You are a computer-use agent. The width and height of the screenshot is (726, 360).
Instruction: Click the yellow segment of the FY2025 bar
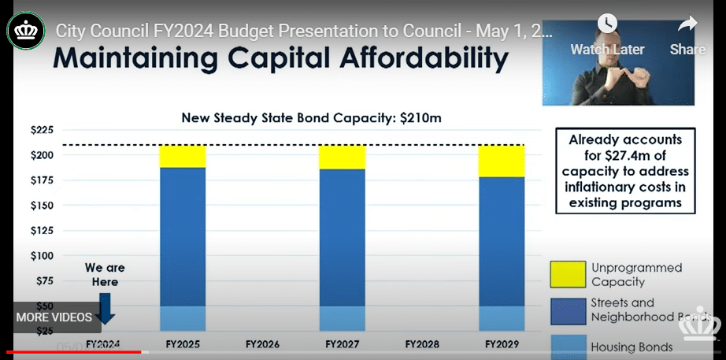click(182, 156)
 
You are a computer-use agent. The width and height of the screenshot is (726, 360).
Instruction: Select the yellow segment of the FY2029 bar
click(502, 161)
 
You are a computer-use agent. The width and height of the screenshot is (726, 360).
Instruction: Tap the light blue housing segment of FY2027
click(342, 317)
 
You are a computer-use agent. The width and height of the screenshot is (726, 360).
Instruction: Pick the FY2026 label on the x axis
click(262, 344)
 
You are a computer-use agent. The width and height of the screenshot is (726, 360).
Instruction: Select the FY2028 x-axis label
click(422, 344)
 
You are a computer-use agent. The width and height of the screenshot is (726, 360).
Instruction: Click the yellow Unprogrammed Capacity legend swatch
click(567, 274)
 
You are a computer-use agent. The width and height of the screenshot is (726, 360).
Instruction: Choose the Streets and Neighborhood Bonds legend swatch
click(567, 310)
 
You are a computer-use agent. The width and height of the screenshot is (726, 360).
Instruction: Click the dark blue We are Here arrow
click(106, 308)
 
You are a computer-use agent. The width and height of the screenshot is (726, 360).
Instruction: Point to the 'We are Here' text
click(105, 275)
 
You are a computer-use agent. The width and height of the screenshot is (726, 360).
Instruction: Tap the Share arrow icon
click(687, 24)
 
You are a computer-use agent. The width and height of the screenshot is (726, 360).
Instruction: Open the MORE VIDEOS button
click(54, 317)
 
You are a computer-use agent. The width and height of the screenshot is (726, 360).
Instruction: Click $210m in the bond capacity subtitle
click(421, 118)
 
